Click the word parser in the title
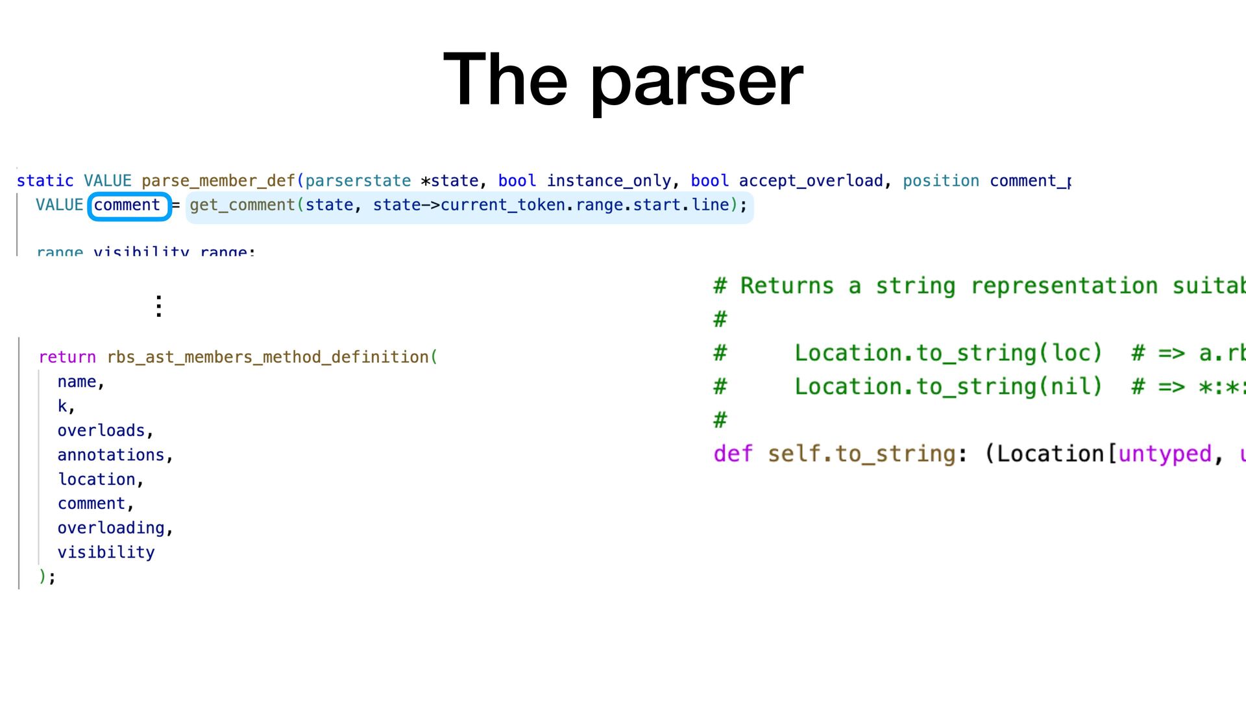tap(696, 81)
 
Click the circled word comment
tap(127, 206)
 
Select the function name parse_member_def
tap(218, 181)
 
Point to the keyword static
tap(45, 181)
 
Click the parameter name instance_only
tap(608, 181)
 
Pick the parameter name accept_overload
tap(811, 181)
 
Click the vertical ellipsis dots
tap(158, 306)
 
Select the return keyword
tap(67, 358)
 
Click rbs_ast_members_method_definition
tap(268, 358)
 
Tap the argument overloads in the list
tap(101, 431)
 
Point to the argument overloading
tap(111, 528)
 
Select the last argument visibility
tap(106, 552)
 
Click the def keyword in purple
tap(733, 454)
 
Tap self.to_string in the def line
tap(861, 454)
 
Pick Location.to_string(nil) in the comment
tap(948, 387)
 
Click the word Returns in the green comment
tap(787, 286)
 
